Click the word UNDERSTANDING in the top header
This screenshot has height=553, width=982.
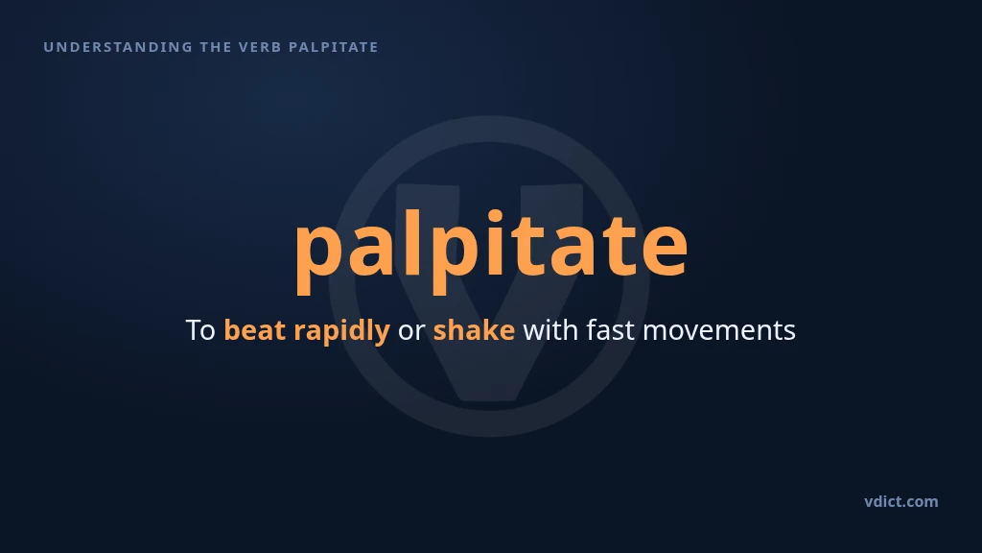point(118,47)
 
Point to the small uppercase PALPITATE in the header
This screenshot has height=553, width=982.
point(333,47)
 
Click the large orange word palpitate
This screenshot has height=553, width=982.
point(492,249)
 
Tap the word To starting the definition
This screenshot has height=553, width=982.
point(200,330)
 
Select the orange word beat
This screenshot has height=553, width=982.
point(255,330)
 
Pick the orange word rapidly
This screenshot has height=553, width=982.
point(342,331)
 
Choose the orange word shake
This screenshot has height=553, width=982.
point(474,330)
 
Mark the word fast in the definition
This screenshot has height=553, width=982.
point(611,330)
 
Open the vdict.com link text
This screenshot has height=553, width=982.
point(901,501)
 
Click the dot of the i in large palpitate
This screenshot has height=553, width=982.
point(496,216)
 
